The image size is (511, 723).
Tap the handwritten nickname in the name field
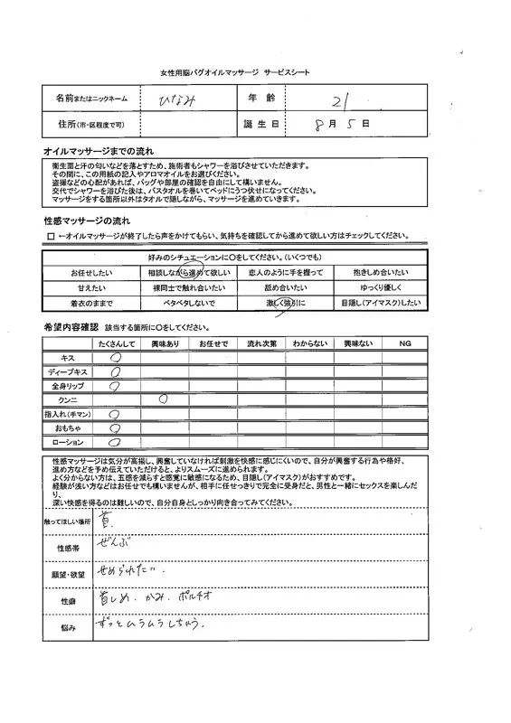click(x=184, y=97)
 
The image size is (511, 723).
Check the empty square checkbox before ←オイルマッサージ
click(x=51, y=236)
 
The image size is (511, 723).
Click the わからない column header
click(x=308, y=344)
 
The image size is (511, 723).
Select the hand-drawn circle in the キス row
click(x=116, y=358)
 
